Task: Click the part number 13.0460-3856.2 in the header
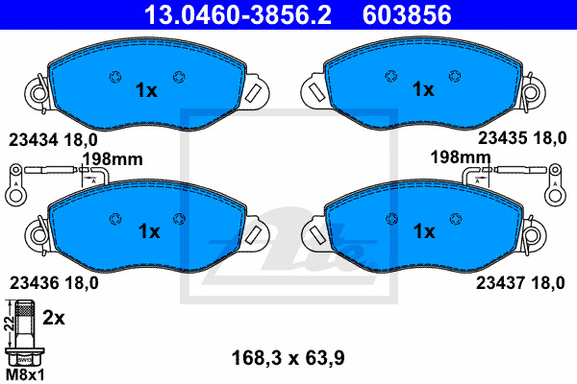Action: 238,14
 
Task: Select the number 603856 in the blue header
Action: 407,14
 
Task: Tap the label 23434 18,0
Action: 53,140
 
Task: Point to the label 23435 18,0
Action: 522,138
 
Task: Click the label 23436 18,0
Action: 54,283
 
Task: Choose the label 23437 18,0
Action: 520,283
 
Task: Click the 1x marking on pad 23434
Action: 146,90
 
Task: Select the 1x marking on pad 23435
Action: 423,89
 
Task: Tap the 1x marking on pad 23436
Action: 149,231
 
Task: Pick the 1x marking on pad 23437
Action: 424,231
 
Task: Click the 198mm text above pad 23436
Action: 113,159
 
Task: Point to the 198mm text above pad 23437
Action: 461,157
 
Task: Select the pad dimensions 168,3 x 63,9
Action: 288,358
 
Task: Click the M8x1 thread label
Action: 26,375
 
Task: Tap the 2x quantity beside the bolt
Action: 54,318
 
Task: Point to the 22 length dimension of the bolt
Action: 10,323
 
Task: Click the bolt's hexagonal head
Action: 25,357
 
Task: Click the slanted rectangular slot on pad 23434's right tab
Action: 253,92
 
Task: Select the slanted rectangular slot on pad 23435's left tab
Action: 316,91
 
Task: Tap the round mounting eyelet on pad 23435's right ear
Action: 532,92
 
